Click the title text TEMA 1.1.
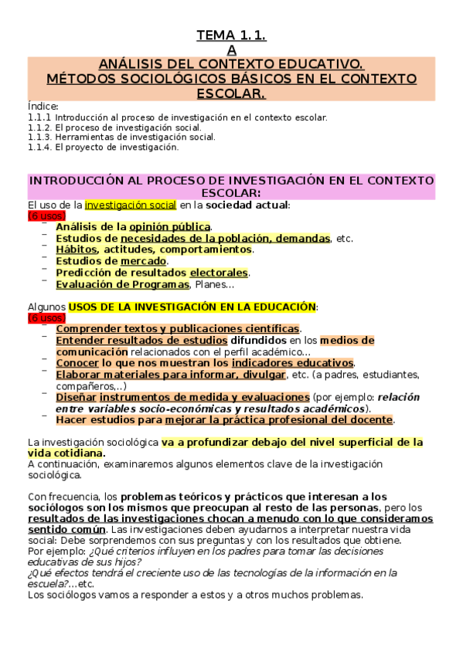(x=231, y=36)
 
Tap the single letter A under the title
(x=231, y=50)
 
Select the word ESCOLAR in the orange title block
(x=231, y=93)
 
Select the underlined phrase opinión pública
(x=169, y=227)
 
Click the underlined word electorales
(x=219, y=273)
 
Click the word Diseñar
(x=77, y=397)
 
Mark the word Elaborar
(x=80, y=375)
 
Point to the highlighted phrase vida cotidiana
(x=65, y=453)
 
